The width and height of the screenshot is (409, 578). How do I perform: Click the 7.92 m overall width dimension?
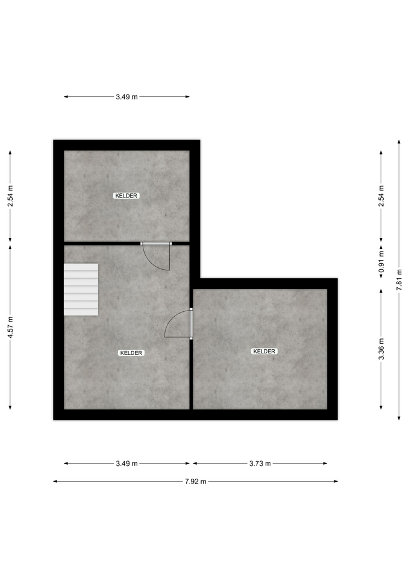coord(195,481)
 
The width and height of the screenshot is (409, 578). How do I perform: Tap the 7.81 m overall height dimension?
coord(399,280)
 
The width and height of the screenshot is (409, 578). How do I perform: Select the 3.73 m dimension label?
coord(260,464)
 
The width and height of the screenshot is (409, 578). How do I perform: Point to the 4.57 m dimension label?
coord(10,327)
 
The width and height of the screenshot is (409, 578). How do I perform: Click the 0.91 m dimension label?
coord(381,261)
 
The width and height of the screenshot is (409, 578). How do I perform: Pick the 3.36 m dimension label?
coord(381,349)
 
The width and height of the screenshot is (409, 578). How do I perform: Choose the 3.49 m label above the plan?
coord(126,97)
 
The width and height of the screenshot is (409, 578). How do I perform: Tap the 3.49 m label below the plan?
coord(126,464)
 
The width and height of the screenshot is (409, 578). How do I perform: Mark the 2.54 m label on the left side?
coord(10,196)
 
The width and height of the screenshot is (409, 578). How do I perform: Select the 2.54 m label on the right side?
coord(381,196)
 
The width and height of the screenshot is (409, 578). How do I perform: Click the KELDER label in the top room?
coord(126,196)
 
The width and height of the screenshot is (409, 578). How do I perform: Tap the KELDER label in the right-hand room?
coord(264,351)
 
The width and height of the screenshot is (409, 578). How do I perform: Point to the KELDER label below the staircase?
coord(131,353)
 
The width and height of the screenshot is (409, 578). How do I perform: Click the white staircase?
coord(81,290)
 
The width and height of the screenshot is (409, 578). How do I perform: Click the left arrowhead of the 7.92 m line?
coord(55,481)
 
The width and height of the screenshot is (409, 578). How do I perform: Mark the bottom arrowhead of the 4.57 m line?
coord(10,408)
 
